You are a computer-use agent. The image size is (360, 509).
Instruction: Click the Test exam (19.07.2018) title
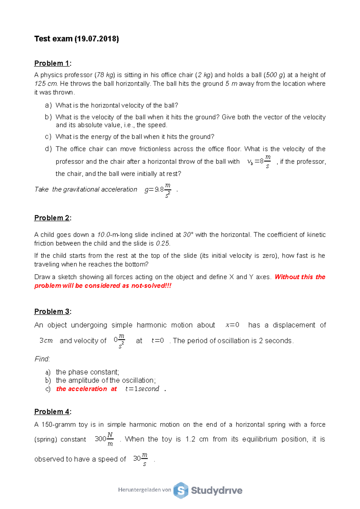(76, 39)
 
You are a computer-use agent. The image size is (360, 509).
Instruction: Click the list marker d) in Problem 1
(48, 149)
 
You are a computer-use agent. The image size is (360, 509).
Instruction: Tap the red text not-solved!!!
(151, 286)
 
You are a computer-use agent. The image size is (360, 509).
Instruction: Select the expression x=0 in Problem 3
(232, 325)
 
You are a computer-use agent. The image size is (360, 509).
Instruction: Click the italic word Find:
(42, 359)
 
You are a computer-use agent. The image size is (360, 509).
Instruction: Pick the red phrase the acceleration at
(86, 389)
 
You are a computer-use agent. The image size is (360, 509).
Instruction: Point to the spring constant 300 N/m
(104, 439)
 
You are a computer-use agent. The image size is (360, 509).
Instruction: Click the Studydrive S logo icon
(181, 490)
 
